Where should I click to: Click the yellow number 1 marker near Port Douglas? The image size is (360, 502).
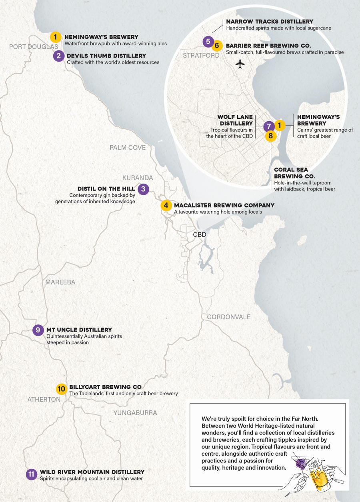55,37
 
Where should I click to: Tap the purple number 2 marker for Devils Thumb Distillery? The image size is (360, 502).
58,56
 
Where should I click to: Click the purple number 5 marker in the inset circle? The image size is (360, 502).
207,41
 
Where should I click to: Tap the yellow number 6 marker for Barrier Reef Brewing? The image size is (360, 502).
217,45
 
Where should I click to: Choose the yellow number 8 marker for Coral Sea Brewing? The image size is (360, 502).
271,136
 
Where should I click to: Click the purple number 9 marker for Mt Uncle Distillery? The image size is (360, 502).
38,330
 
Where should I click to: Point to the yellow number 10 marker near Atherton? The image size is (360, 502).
61,388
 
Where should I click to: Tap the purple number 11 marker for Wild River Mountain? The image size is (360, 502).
31,474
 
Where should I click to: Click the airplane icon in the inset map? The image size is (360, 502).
240,64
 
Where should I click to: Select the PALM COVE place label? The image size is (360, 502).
128,148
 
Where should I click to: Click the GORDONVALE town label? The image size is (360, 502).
228,317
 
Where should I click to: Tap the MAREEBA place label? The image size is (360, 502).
60,282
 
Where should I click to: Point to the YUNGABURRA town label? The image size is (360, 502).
135,412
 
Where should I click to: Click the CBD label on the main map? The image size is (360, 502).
199,234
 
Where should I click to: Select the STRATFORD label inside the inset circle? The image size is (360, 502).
201,56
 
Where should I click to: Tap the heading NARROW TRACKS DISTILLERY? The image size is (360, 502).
269,21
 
